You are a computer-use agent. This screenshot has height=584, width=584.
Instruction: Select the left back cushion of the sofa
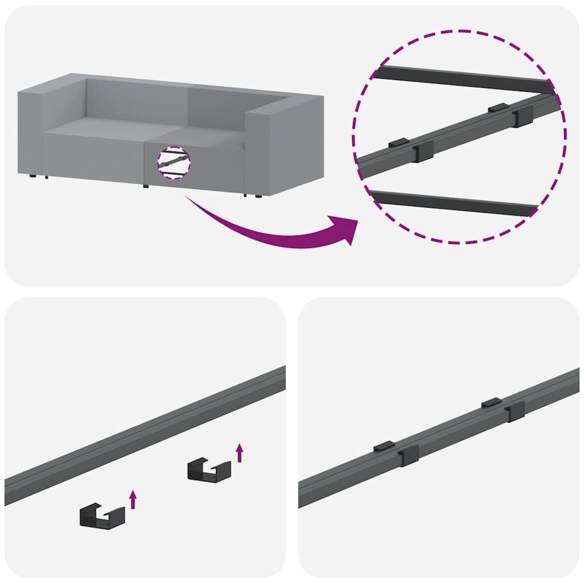click(x=137, y=100)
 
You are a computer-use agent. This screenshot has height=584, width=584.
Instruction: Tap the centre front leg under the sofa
click(x=145, y=186)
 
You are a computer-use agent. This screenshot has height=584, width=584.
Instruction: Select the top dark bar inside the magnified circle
click(x=462, y=79)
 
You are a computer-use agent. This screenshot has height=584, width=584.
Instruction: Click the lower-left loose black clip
click(x=102, y=515)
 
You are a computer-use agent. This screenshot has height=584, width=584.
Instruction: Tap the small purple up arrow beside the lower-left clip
click(x=133, y=498)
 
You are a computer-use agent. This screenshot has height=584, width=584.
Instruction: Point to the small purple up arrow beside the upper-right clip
click(x=240, y=453)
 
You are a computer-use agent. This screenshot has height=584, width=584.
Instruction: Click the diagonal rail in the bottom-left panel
click(x=143, y=436)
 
